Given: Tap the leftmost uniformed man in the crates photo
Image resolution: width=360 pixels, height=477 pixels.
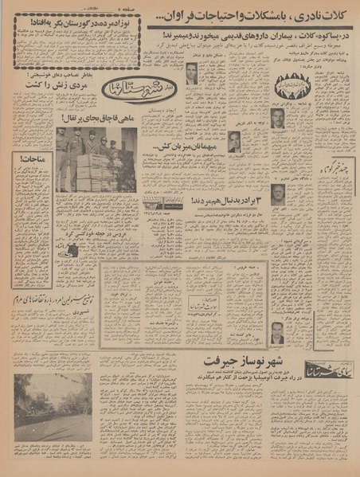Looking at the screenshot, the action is pos(62,159).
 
